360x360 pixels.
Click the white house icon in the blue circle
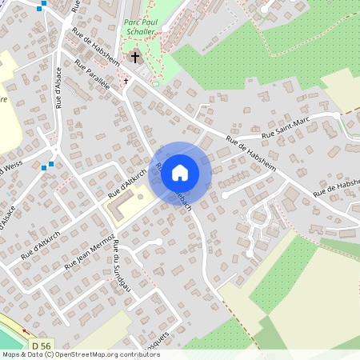click(x=180, y=172)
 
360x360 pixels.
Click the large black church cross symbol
click(x=136, y=57)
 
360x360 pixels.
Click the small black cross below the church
click(x=126, y=81)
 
